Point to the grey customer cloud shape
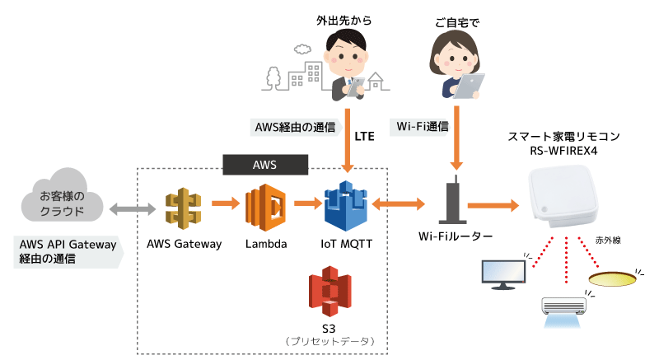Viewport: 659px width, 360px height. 63,200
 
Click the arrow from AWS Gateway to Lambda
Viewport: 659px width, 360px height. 225,202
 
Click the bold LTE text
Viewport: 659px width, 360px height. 364,136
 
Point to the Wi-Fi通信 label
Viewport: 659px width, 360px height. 423,127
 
